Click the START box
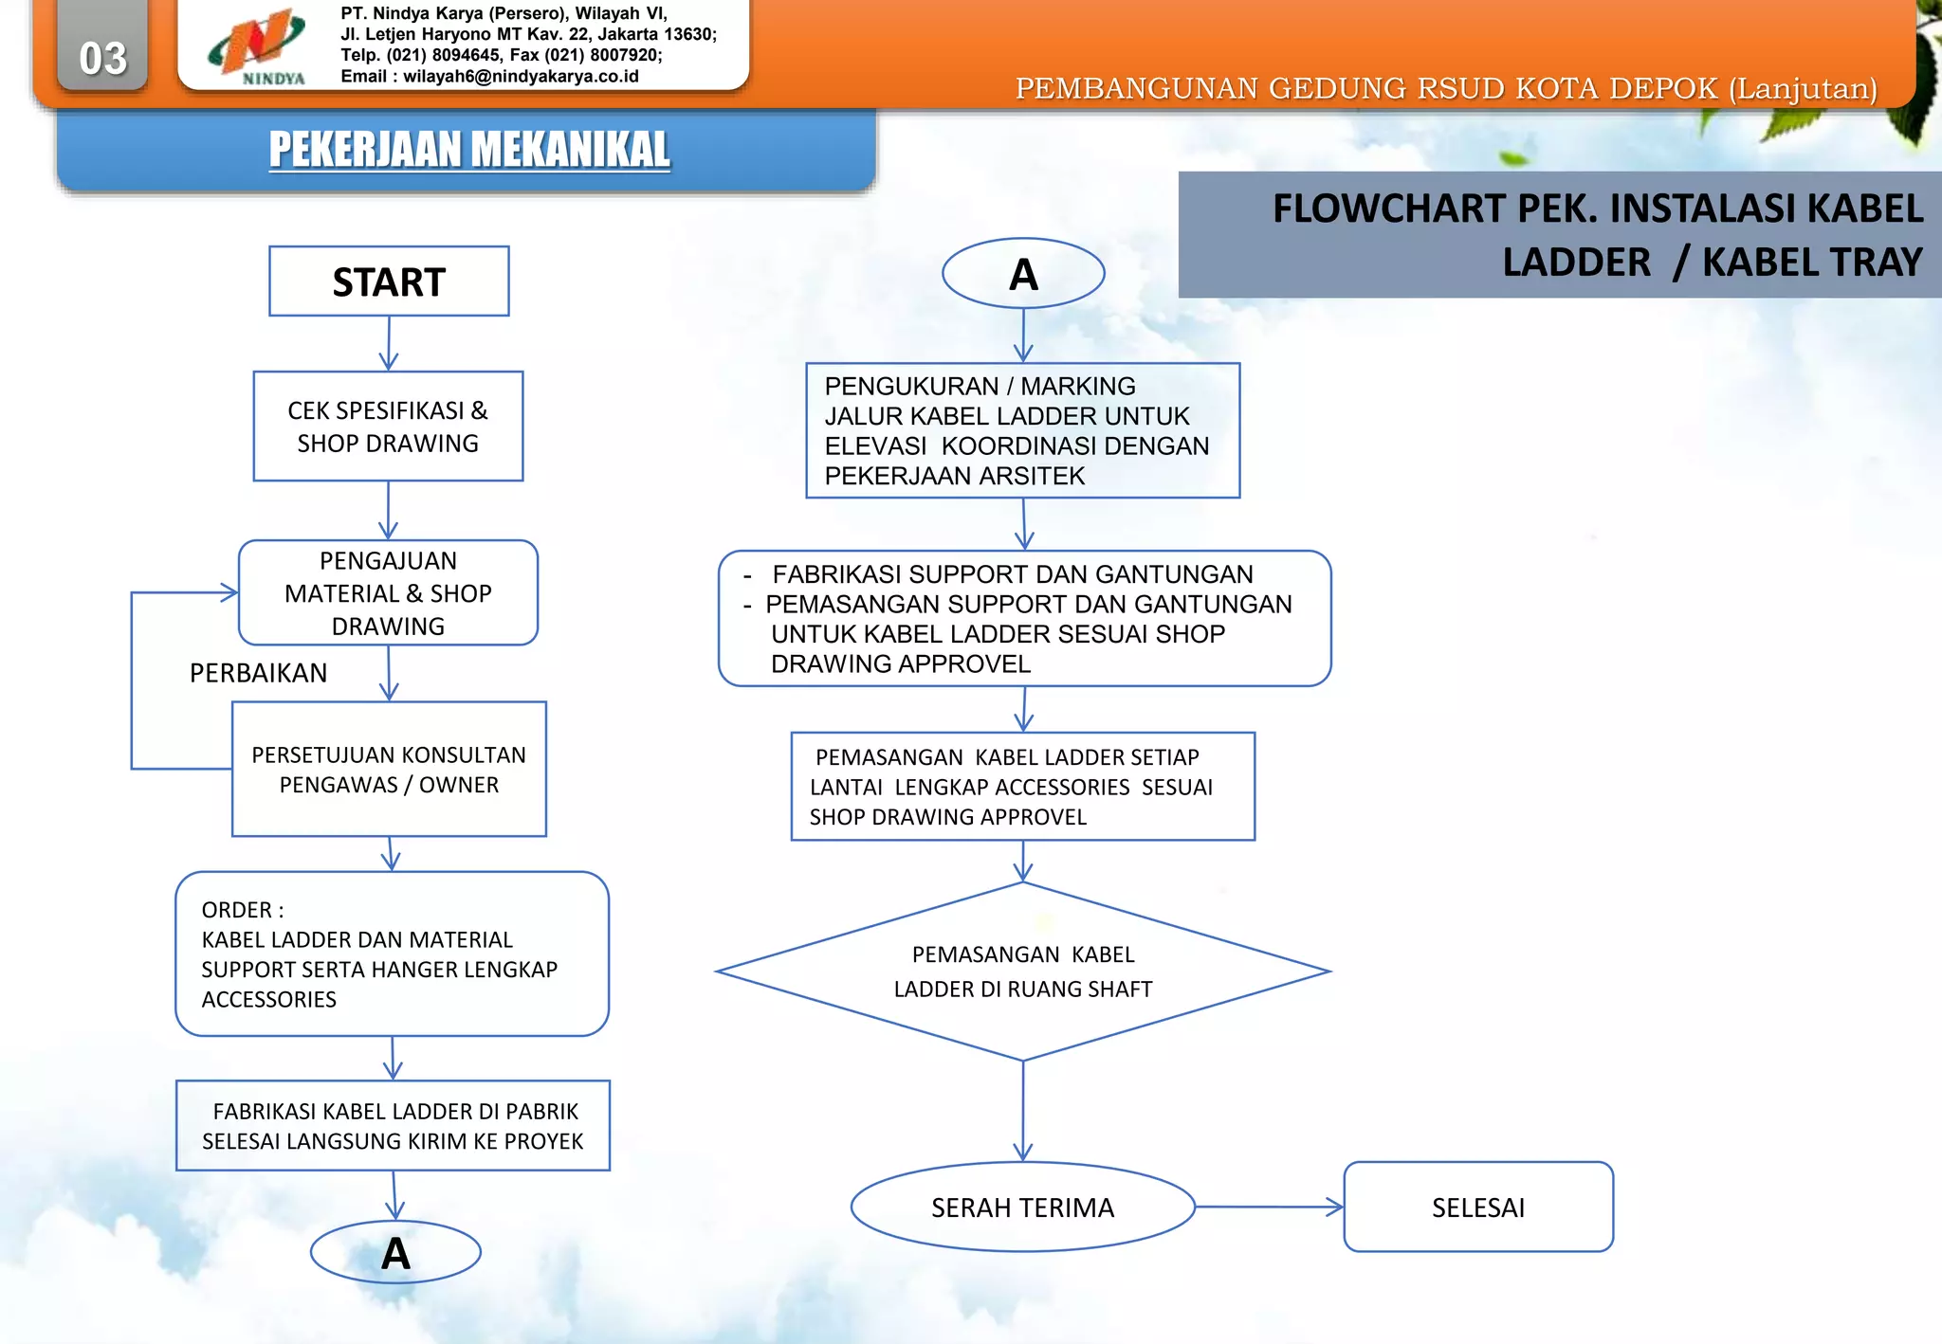(389, 282)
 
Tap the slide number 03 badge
(102, 57)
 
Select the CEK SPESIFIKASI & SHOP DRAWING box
(388, 427)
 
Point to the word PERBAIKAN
(258, 673)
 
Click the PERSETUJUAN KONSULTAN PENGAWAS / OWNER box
(389, 769)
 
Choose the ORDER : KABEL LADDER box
(392, 954)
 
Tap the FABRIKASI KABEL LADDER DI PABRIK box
(393, 1126)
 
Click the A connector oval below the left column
(395, 1253)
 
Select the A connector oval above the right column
(1023, 274)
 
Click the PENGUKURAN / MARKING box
(1022, 430)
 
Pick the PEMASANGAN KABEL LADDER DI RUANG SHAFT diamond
(1023, 972)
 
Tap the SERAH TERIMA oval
(1022, 1208)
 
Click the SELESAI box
(1478, 1208)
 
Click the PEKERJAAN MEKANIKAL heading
(469, 150)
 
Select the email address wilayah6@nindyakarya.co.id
(521, 77)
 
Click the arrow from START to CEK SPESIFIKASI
(389, 343)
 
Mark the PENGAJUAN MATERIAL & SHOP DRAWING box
(388, 593)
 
